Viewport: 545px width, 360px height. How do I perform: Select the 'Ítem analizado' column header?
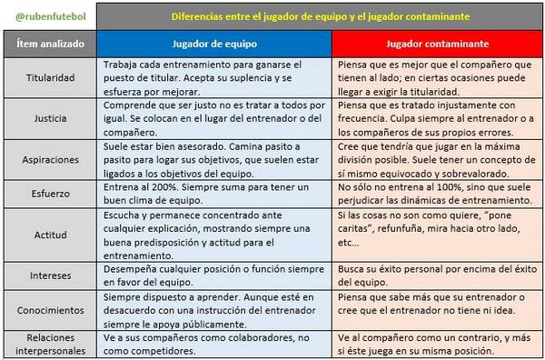[x=52, y=44]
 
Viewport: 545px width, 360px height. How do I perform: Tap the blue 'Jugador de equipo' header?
[x=214, y=44]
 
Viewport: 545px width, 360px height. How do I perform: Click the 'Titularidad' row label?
[x=52, y=79]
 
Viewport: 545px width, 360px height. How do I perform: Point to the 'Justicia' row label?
[x=52, y=118]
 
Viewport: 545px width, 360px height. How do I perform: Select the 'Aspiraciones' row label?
[x=52, y=158]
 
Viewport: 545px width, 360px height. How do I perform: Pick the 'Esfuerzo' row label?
[x=52, y=193]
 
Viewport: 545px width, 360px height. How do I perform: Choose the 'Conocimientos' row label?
[x=52, y=310]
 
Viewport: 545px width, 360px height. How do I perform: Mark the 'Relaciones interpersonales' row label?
[x=52, y=344]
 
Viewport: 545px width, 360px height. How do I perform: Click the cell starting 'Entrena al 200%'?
[x=214, y=193]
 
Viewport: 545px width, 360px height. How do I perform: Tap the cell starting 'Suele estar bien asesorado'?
[x=214, y=158]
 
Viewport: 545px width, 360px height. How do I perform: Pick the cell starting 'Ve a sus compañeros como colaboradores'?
[x=214, y=344]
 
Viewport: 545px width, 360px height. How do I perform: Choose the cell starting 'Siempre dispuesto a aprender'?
[x=214, y=310]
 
